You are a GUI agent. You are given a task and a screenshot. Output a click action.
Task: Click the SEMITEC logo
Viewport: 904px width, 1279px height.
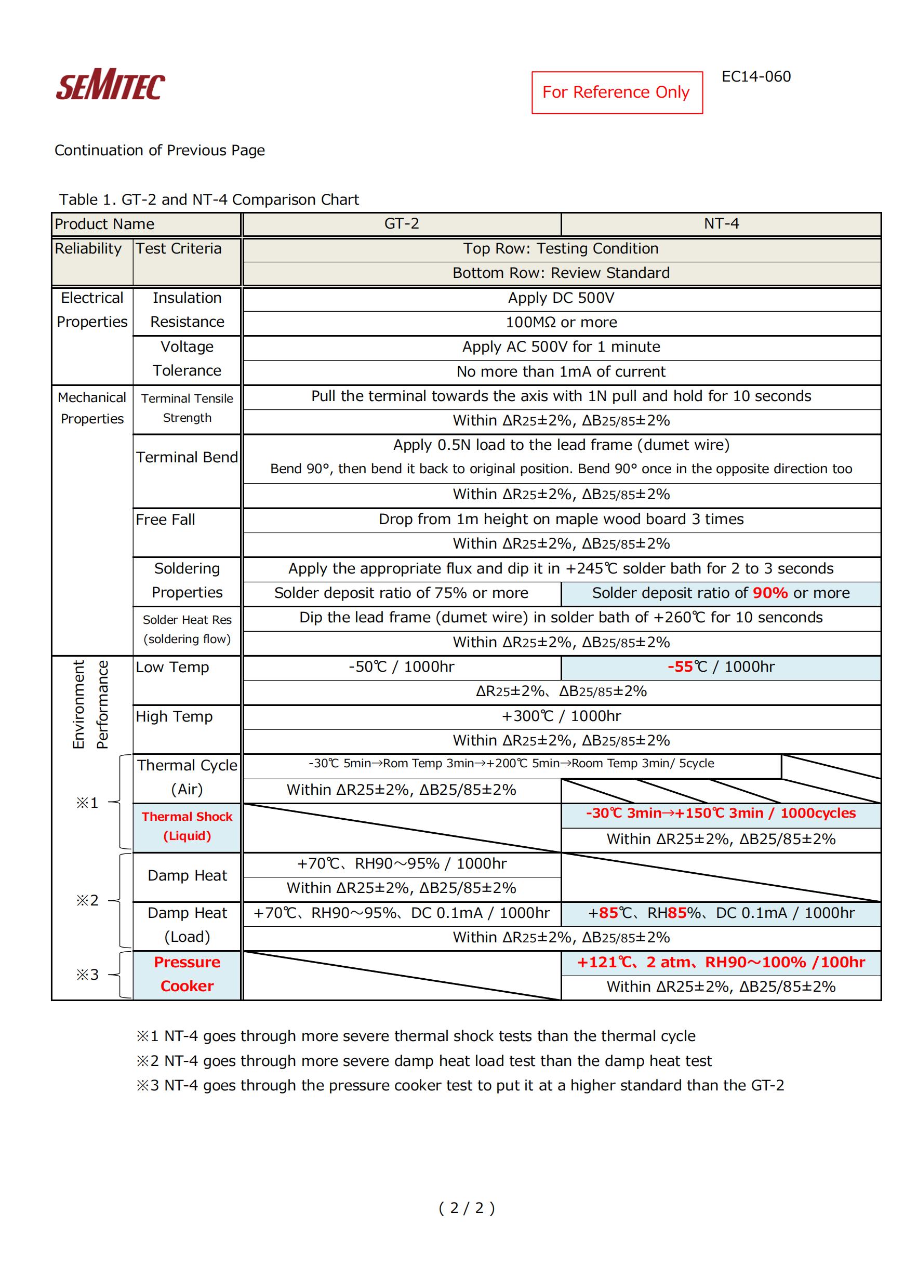110,85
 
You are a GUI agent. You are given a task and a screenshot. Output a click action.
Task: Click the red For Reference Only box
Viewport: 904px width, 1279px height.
617,92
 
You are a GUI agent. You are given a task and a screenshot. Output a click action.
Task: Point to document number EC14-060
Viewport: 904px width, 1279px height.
756,77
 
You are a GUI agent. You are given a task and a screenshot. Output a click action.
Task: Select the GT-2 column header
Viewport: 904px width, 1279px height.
401,224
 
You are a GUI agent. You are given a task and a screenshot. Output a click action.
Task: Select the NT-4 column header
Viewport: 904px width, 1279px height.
721,224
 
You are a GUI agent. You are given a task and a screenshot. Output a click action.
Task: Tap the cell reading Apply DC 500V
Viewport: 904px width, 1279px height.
561,298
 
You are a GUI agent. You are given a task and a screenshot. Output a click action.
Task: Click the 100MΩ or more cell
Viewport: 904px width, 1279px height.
561,323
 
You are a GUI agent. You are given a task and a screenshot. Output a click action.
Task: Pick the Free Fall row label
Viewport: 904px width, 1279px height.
165,519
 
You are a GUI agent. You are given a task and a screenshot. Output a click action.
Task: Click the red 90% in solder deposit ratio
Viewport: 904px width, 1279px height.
770,593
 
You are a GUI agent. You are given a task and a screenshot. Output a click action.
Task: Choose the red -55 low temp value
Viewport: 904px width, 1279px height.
680,667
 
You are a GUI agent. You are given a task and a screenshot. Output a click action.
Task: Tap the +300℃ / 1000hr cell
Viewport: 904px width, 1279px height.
561,716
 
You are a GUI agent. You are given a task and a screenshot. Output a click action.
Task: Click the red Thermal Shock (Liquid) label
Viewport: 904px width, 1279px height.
187,826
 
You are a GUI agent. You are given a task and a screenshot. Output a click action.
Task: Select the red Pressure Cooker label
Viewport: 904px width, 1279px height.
187,974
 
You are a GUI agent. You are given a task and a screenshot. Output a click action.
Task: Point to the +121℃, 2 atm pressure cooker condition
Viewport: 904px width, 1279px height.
721,962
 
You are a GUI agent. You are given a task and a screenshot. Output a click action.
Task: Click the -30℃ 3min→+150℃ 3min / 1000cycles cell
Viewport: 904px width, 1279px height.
721,814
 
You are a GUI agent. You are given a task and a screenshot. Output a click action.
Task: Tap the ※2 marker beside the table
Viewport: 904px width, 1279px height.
87,900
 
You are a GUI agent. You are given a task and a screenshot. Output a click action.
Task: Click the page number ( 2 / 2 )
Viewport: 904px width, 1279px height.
466,1208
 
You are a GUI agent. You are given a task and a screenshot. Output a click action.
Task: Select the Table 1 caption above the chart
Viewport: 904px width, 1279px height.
209,199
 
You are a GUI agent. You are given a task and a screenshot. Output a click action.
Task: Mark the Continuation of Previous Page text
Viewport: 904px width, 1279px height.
159,151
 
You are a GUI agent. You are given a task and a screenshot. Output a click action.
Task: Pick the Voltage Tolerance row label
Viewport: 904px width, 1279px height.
187,359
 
